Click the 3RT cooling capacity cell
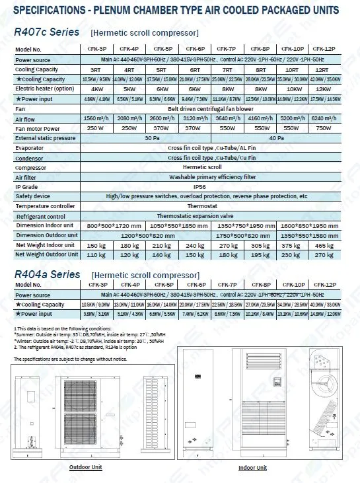coord(96,69)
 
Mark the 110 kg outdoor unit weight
coord(96,255)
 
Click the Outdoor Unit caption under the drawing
coord(86,466)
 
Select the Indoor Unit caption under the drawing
coord(252,468)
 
